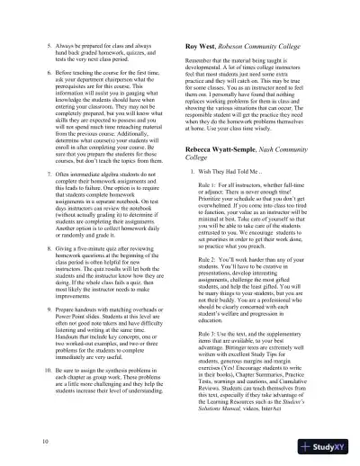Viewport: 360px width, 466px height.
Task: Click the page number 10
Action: tap(20, 444)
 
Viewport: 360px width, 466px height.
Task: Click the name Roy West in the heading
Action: tap(202, 41)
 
